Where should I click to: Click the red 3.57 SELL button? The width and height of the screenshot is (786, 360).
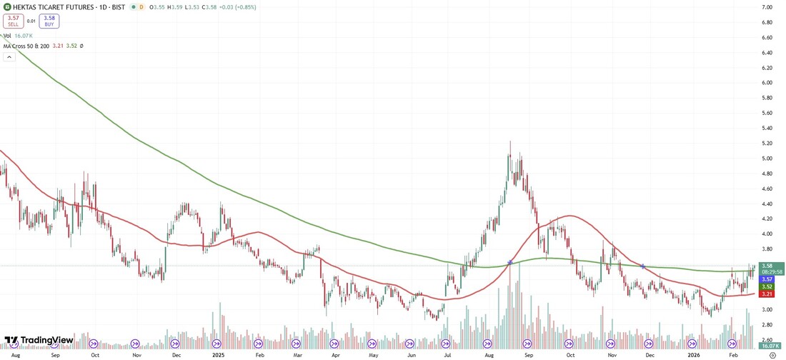(13, 21)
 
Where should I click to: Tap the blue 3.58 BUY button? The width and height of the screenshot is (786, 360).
(49, 21)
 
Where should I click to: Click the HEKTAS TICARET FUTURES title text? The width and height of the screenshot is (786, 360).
(49, 7)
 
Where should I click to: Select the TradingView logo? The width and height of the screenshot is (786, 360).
(39, 340)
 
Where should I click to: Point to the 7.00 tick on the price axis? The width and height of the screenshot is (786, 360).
(767, 7)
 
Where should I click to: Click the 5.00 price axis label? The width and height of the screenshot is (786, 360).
(767, 159)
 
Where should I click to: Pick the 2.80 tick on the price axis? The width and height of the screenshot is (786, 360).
(767, 325)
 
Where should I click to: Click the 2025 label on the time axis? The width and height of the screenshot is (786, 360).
(219, 354)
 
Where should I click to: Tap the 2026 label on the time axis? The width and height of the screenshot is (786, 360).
(694, 354)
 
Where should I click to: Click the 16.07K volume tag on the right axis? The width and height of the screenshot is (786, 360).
(771, 346)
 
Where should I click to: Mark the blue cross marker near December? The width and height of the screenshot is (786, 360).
(643, 266)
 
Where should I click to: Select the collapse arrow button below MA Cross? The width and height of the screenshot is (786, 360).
(9, 56)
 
